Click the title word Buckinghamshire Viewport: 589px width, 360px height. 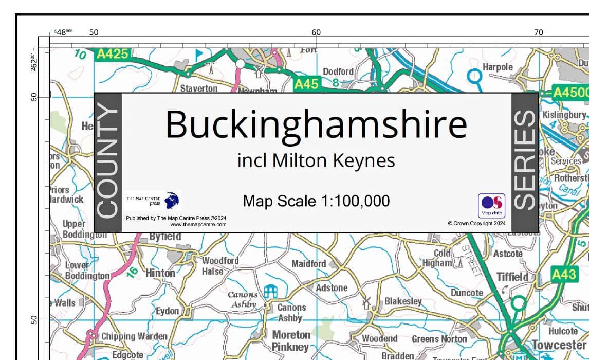point(316,124)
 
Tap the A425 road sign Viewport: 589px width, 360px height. point(112,54)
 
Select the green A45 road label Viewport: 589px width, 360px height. point(306,83)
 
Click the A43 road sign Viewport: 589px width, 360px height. point(563,275)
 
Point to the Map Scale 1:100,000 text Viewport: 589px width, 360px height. point(316,201)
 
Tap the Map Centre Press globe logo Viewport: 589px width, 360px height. point(172,200)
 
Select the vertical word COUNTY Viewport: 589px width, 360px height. point(108,161)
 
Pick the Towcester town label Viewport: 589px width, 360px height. point(559,344)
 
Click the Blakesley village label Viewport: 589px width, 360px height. point(403,301)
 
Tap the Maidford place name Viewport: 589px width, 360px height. point(308,264)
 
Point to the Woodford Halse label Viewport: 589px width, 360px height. point(220,266)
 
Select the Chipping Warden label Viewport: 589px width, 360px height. point(134,336)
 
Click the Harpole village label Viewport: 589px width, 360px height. point(498,67)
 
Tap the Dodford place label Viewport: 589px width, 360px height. point(338,71)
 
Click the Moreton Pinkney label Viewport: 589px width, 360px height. point(291,341)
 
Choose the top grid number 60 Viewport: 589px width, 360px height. point(316,32)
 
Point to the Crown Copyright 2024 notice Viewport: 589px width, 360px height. point(476,224)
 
